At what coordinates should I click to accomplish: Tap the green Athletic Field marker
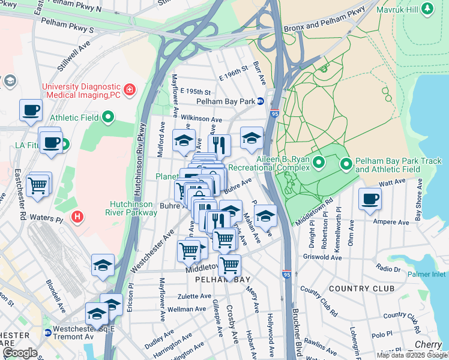pos(108,116)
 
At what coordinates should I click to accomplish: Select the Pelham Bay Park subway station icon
pos(261,101)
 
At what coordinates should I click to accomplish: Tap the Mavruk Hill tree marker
pos(427,10)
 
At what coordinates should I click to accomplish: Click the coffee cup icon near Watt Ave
pos(370,199)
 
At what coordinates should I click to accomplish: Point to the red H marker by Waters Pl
pos(76,216)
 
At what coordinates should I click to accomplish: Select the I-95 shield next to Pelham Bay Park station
pos(275,113)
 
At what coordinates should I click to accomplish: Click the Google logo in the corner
pos(20,353)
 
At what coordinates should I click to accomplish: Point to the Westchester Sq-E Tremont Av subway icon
pos(47,332)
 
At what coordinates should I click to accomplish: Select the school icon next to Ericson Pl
pos(103,265)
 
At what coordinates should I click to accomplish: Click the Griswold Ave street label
pos(323,257)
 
